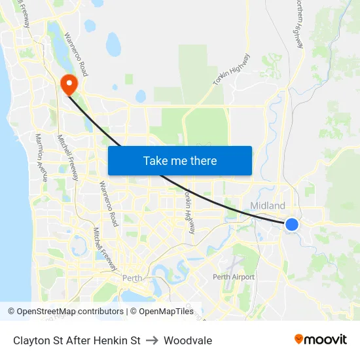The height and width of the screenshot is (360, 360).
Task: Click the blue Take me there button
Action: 180,160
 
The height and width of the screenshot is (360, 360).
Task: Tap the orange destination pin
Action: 68,84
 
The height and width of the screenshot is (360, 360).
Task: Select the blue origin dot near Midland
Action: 292,225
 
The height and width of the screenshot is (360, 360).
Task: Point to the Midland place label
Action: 268,206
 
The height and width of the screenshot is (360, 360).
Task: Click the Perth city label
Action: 132,278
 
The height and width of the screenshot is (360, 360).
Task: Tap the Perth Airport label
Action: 234,277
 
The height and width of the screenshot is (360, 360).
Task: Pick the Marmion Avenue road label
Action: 42,157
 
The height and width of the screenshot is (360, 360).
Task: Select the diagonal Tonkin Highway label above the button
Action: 231,69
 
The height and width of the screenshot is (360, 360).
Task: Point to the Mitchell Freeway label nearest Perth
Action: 105,249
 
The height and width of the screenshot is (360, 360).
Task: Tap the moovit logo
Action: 321,340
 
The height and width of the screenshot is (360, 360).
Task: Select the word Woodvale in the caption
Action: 188,340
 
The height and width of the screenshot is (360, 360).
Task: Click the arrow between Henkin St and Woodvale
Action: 153,340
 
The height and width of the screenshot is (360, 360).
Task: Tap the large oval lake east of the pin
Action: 113,45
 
